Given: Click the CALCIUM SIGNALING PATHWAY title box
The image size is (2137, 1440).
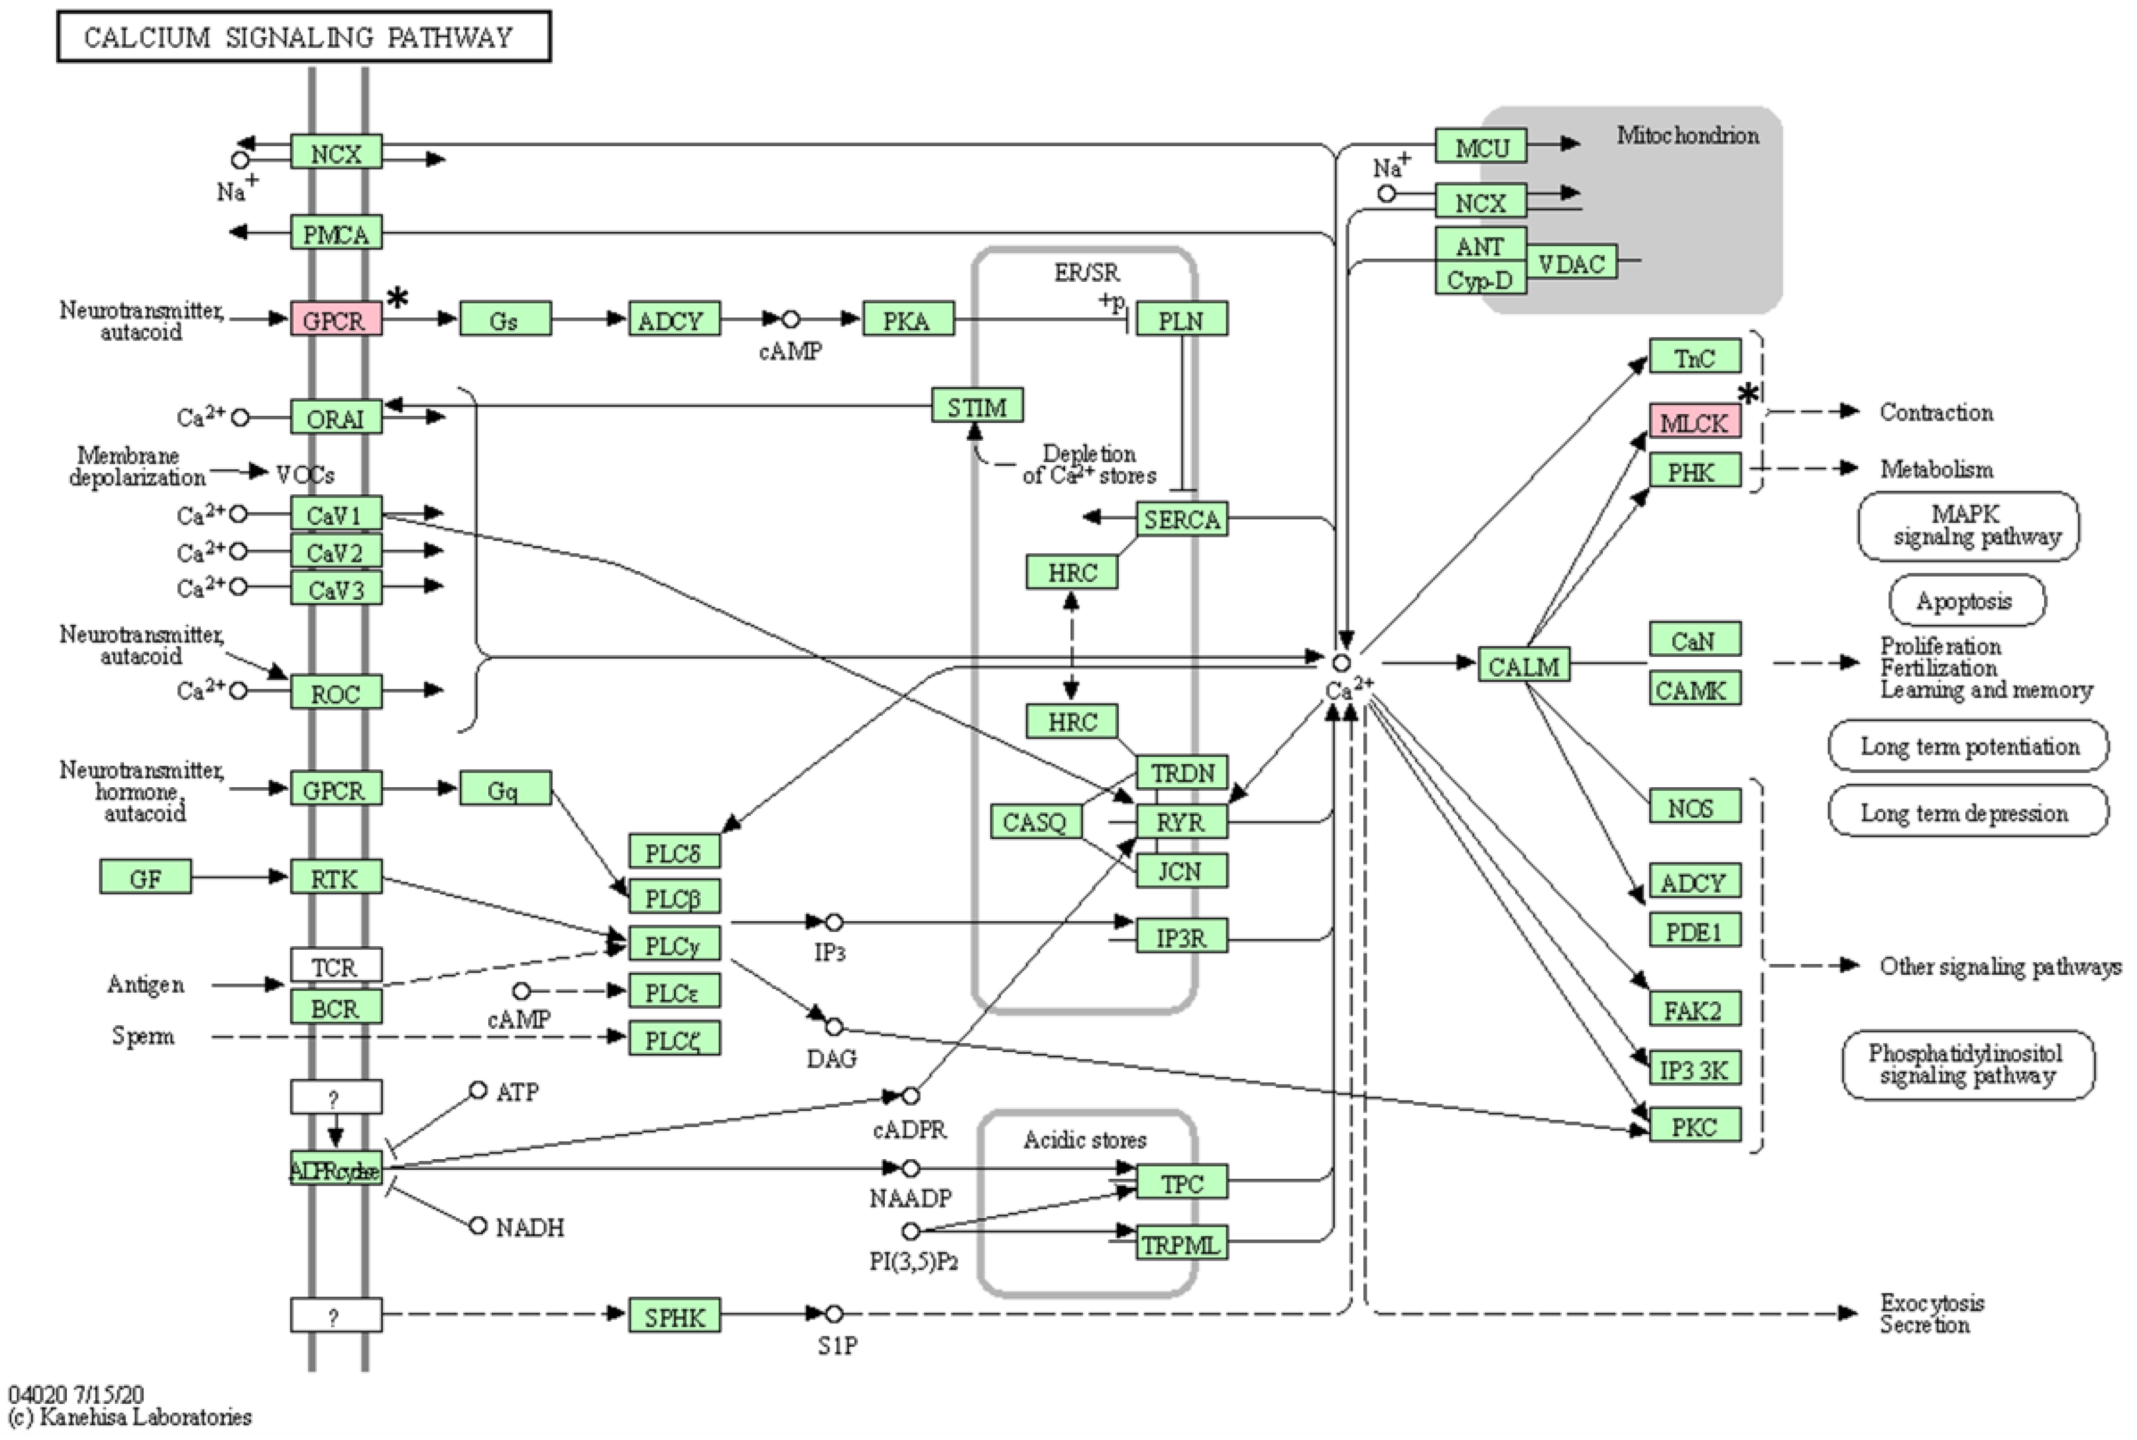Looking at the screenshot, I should (303, 37).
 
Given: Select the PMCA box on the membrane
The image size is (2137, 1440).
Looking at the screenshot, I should (336, 233).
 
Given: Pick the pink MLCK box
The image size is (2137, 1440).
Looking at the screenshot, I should (1694, 421).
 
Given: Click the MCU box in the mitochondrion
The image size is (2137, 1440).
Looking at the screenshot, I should (1481, 146).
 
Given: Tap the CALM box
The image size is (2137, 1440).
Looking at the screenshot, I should (1523, 665).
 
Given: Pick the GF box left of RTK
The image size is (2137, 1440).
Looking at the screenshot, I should (145, 877).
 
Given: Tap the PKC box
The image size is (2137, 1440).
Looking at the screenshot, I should (1694, 1125).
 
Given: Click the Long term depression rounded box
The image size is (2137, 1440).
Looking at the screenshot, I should (1966, 812).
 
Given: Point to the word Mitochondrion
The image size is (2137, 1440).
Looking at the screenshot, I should (1688, 135).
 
